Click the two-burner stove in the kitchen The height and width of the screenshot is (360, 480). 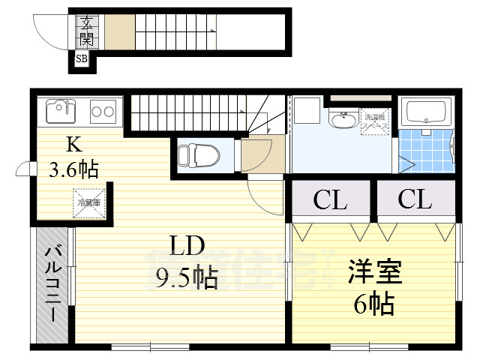(x=103, y=112)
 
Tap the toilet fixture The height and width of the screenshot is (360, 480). (x=198, y=155)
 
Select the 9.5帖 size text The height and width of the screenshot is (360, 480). (x=186, y=278)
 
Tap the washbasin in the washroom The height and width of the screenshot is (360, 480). (x=344, y=119)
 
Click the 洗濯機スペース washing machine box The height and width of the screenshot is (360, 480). (x=375, y=121)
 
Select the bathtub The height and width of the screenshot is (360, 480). (x=426, y=112)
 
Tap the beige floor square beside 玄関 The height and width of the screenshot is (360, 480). (x=118, y=31)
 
